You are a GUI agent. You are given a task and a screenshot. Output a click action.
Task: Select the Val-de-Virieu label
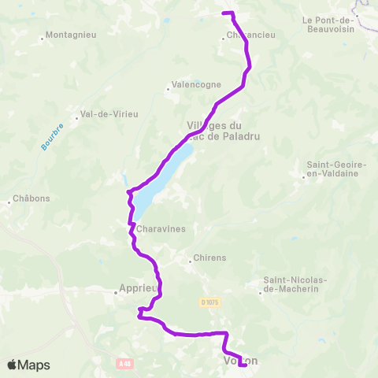(109, 114)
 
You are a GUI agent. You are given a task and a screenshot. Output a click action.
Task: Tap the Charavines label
(161, 229)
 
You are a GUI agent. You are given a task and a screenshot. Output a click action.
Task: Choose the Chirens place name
(210, 258)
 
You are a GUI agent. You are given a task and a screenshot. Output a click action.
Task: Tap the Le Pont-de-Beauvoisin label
(329, 24)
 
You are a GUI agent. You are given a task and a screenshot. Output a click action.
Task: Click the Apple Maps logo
(28, 365)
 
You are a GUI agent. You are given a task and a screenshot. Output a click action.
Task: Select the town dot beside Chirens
(190, 258)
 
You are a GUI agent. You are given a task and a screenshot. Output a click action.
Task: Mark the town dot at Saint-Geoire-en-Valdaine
(304, 176)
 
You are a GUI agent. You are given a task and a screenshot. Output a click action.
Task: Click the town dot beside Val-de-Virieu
(76, 119)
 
